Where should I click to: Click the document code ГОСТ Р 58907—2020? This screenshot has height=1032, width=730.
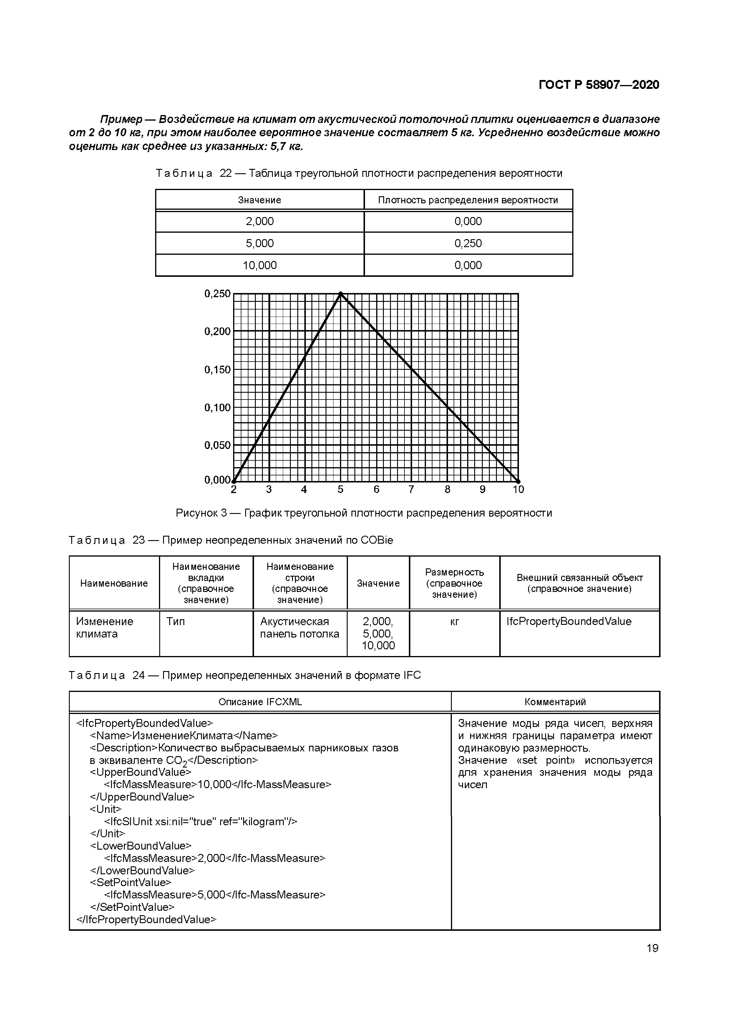[599, 85]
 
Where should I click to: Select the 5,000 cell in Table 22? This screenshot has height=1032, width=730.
[260, 243]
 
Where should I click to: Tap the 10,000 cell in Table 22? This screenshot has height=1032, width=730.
[260, 265]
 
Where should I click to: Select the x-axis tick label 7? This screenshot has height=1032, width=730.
[411, 490]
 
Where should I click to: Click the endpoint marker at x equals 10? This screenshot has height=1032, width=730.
[518, 481]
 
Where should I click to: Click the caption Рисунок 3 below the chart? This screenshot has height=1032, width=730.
[364, 513]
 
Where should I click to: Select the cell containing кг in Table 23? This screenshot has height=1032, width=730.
[454, 622]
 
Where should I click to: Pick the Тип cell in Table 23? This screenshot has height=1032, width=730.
[175, 622]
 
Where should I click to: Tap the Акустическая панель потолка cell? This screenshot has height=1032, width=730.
[300, 627]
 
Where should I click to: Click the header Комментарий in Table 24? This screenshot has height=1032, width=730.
[555, 702]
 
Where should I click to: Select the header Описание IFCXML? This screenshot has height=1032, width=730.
[260, 702]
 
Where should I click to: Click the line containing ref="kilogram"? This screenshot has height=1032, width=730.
[201, 822]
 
